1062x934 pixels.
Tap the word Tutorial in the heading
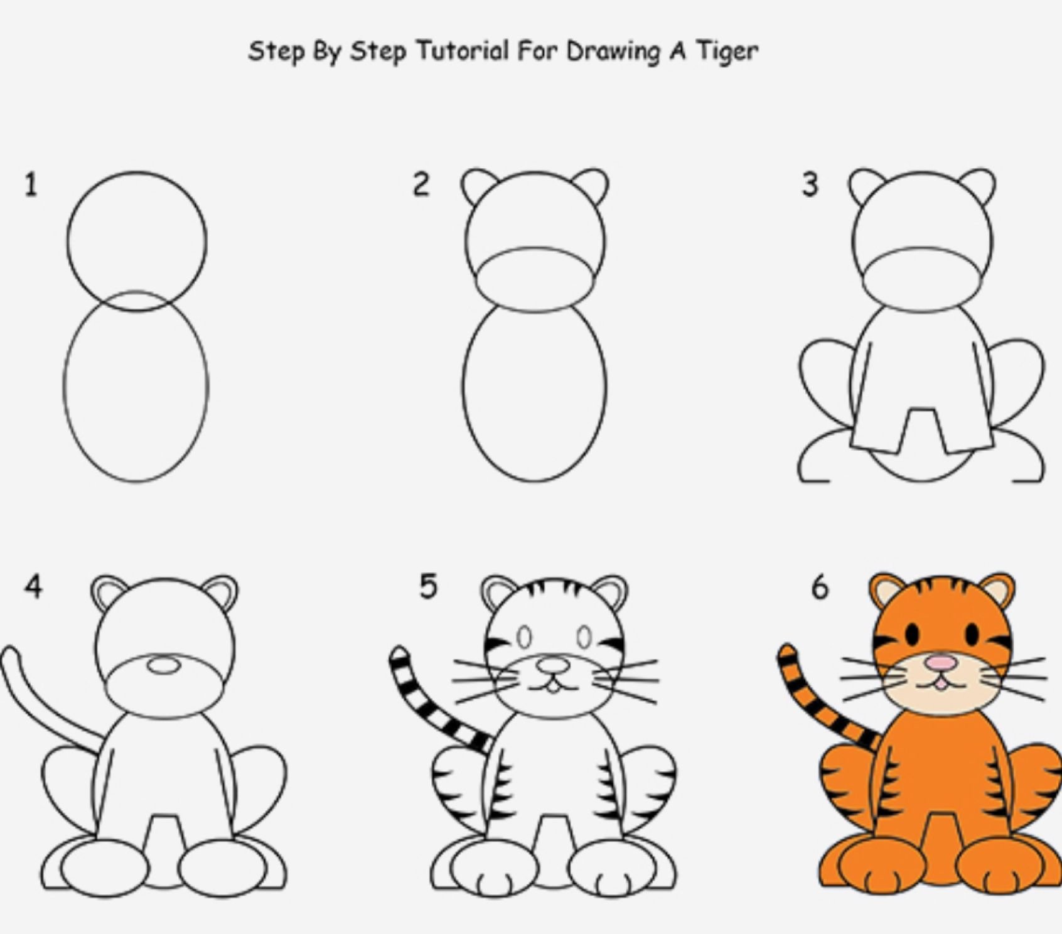pos(461,50)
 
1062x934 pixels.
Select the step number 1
pos(31,185)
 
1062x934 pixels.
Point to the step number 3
pos(810,185)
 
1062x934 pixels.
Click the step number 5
pos(428,588)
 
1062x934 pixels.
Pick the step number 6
pos(820,588)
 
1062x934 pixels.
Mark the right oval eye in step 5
pos(584,638)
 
